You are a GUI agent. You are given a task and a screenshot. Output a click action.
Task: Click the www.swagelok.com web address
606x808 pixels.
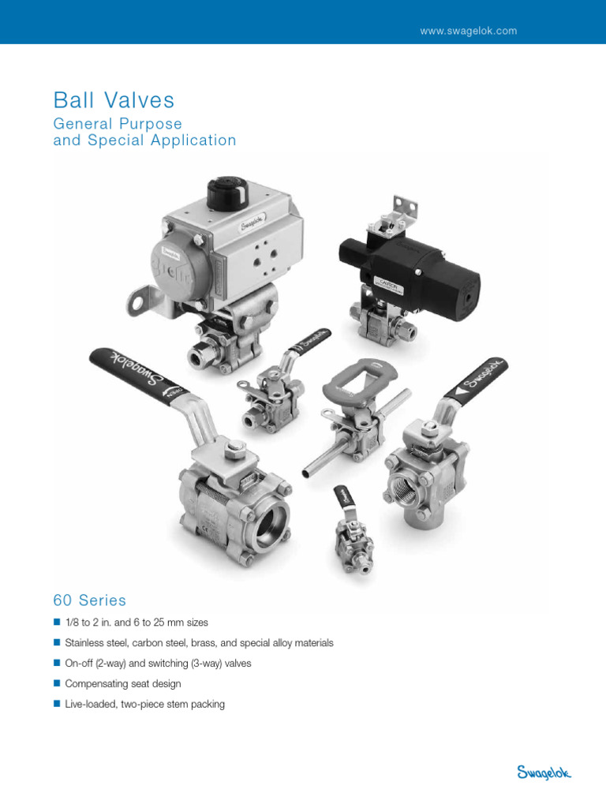tap(468, 31)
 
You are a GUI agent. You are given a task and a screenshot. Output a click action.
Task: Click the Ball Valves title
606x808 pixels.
tap(114, 100)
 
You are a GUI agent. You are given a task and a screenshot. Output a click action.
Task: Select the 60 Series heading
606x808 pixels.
tap(89, 600)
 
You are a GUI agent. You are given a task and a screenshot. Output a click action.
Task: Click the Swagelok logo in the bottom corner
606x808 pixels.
tap(544, 772)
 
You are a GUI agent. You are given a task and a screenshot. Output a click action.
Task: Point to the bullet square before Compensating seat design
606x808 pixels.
tap(57, 683)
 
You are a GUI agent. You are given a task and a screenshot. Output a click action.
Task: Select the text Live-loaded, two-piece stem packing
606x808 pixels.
tap(145, 704)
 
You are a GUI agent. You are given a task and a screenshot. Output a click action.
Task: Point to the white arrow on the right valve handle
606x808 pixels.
tap(458, 391)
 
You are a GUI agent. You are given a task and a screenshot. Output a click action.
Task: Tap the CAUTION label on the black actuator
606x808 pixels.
tap(388, 281)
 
